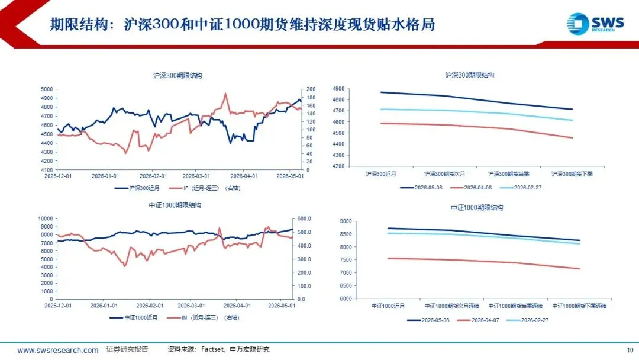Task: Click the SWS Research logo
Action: (x=595, y=24)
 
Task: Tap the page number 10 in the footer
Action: (x=630, y=350)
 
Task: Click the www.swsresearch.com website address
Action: (x=57, y=350)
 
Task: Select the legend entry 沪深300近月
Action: (x=137, y=188)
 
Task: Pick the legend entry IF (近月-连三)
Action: (x=205, y=188)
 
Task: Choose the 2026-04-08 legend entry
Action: (x=471, y=188)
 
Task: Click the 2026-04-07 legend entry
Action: (x=478, y=320)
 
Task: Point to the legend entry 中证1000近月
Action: (x=133, y=317)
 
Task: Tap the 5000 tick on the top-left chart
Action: (x=47, y=89)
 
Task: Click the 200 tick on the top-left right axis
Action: (x=311, y=89)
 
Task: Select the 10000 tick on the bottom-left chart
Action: (x=46, y=218)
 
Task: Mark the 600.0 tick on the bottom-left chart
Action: (x=304, y=218)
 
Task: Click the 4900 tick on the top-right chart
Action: (x=338, y=88)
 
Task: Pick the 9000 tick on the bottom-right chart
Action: (x=346, y=221)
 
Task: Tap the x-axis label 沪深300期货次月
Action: (x=444, y=173)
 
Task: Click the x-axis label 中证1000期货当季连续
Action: (x=515, y=306)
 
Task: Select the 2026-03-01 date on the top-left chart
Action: (x=196, y=176)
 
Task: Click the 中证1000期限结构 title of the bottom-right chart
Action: (x=477, y=207)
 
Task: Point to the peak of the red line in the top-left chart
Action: (x=225, y=94)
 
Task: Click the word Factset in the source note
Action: (x=212, y=349)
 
